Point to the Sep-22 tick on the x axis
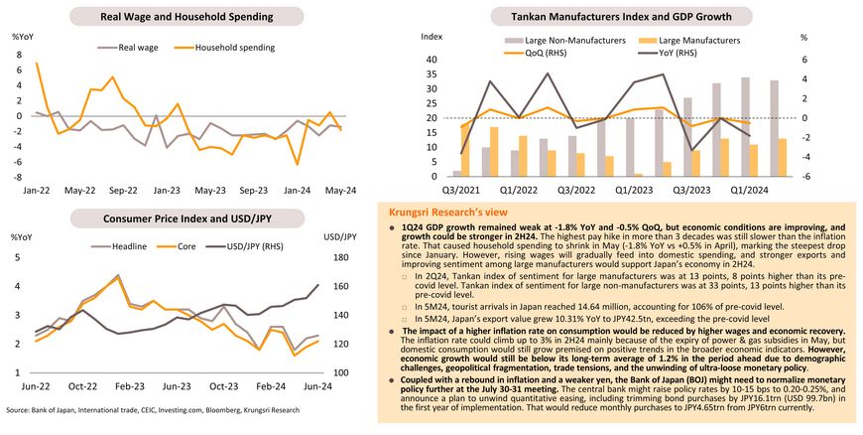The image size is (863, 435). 123,189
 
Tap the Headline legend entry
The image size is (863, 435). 129,244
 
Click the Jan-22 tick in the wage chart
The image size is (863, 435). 37,189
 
